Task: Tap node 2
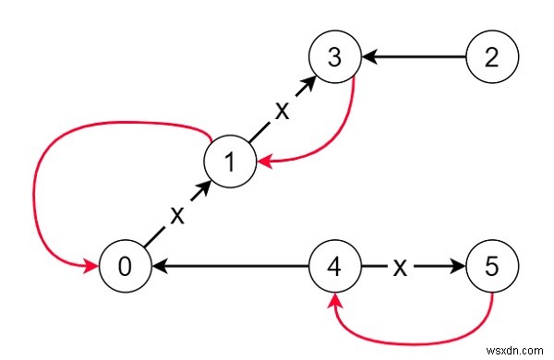pos(492,57)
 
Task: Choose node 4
pos(333,267)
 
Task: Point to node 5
pos(492,267)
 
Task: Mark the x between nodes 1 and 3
pos(283,108)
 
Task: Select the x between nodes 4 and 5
pos(400,267)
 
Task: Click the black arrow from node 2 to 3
pos(415,57)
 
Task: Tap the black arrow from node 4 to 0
pos(231,267)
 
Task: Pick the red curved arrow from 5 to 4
pos(415,328)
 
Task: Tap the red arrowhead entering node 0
pos(93,267)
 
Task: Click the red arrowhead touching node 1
pos(264,163)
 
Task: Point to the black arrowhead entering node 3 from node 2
pos(367,57)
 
